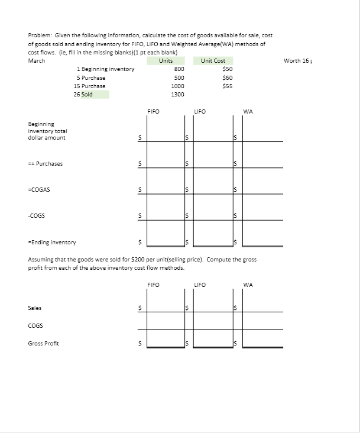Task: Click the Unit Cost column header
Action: click(x=213, y=60)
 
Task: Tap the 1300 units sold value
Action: click(x=177, y=94)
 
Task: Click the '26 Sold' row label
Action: click(x=83, y=94)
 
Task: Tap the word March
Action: click(x=37, y=60)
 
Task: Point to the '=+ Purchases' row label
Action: click(x=46, y=163)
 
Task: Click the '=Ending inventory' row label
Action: click(x=52, y=242)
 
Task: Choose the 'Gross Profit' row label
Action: click(x=43, y=343)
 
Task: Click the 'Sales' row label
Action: click(x=34, y=308)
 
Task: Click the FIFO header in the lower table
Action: click(x=153, y=285)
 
